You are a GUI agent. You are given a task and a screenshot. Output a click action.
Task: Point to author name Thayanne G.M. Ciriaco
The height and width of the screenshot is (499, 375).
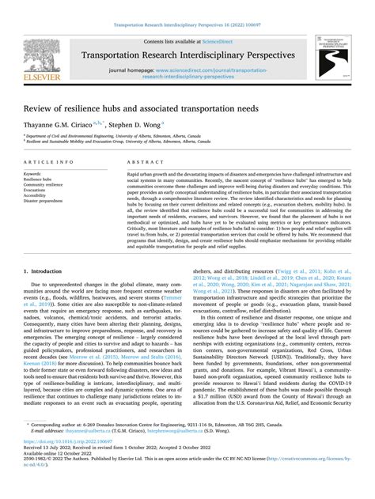coord(63,124)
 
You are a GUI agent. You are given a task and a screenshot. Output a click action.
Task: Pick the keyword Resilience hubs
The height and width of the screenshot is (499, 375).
coord(40,180)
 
